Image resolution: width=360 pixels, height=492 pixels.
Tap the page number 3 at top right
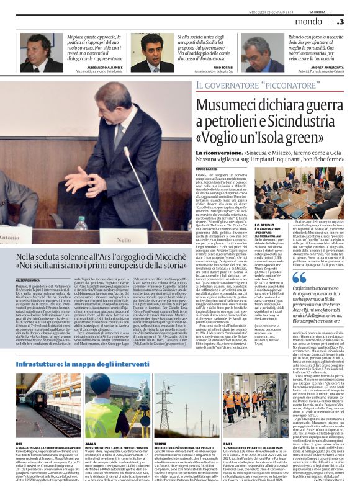tap(340, 21)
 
